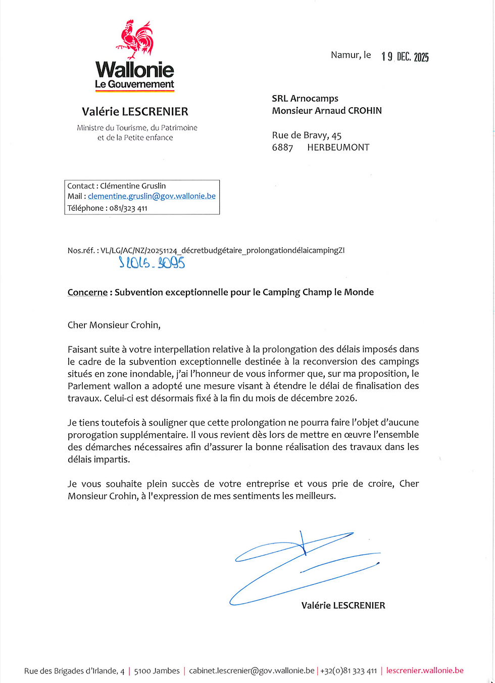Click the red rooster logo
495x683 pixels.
tap(135, 39)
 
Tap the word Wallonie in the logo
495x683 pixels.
tap(134, 70)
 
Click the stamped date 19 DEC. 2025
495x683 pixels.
tap(405, 57)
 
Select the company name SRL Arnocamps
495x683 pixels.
tap(305, 99)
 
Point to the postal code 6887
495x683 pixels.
tap(282, 148)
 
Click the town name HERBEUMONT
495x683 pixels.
tap(338, 148)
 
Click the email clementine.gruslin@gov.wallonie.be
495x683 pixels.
tap(152, 196)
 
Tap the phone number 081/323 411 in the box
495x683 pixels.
tap(128, 208)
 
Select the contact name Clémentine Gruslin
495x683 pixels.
tap(133, 186)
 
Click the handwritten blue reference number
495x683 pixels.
tap(152, 262)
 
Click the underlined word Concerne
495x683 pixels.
tap(87, 292)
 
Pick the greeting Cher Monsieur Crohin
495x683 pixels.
tap(114, 325)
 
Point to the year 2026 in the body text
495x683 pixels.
tap(345, 398)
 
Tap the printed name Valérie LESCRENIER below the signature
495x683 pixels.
tap(343, 606)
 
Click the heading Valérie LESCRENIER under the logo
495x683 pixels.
tap(135, 112)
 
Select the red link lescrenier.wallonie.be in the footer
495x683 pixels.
tap(425, 670)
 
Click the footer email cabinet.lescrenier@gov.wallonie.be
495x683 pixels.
tap(252, 671)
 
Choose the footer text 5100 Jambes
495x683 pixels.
tap(157, 671)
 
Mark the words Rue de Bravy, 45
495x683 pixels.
tap(307, 135)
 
